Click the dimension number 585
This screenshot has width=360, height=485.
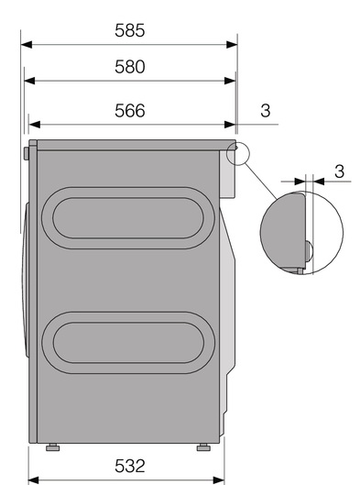click(130, 30)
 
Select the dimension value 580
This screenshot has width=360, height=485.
click(130, 67)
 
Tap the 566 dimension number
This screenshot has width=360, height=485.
click(130, 110)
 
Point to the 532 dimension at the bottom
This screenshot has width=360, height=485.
click(130, 466)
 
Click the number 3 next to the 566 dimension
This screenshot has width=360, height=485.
click(266, 110)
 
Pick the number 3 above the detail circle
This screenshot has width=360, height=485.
click(339, 171)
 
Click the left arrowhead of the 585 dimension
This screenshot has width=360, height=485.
click(27, 45)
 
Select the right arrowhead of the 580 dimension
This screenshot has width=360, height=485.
click(230, 81)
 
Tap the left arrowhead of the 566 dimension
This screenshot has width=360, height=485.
click(34, 125)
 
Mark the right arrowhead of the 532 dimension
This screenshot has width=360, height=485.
click(218, 481)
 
